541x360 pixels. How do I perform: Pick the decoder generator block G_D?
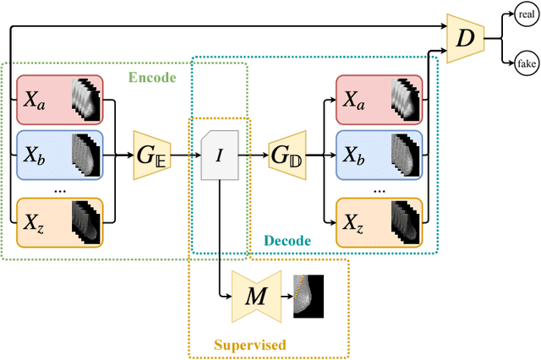(x=284, y=155)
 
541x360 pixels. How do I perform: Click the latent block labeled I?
(x=219, y=155)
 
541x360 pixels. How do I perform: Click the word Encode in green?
(x=151, y=78)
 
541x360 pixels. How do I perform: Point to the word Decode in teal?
(x=287, y=241)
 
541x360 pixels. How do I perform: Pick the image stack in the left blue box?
(x=85, y=155)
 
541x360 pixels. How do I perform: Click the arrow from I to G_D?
(x=251, y=155)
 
